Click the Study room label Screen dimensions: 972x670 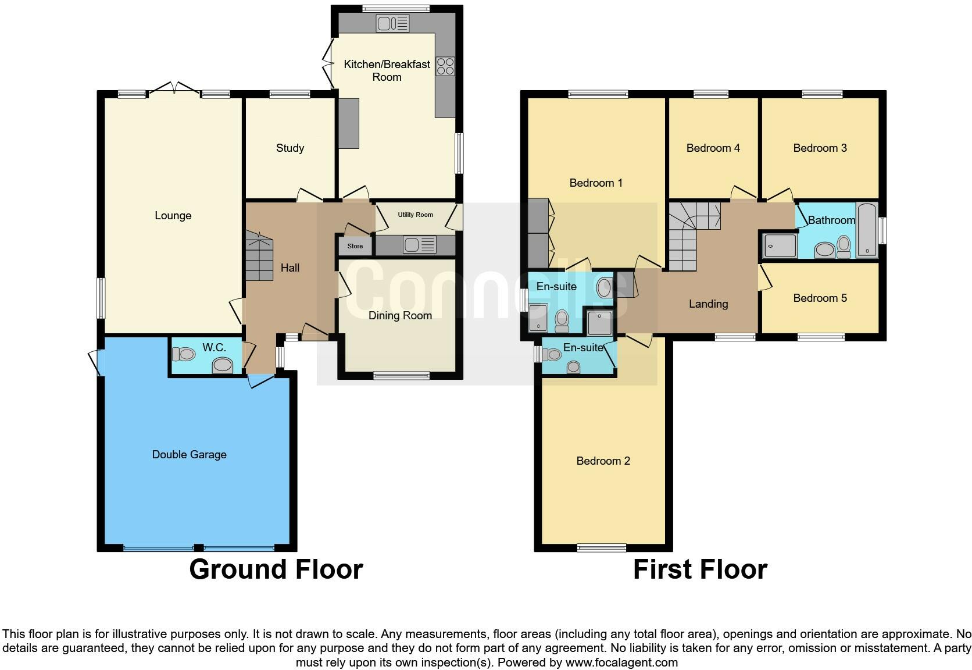pos(290,148)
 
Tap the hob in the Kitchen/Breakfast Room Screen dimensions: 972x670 pos(445,66)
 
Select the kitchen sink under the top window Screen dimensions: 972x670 pos(393,23)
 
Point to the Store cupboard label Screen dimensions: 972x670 pos(355,246)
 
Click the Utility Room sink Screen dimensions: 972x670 pos(420,245)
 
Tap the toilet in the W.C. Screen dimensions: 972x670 pos(184,354)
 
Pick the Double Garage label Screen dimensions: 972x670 pos(189,455)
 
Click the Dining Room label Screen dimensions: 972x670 pos(400,316)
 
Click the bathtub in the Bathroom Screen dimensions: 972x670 pos(867,230)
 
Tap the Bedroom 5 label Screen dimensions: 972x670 pos(820,298)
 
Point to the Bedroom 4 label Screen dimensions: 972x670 pos(713,148)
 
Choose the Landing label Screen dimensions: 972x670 pos(708,304)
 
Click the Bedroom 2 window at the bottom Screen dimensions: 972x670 pos(602,548)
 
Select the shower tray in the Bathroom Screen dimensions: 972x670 pos(780,246)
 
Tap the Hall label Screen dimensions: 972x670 pos(290,268)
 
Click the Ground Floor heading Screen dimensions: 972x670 pos(276,569)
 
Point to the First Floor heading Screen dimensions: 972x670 pos(701,569)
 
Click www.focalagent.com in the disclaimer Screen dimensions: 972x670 pos(621,662)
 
